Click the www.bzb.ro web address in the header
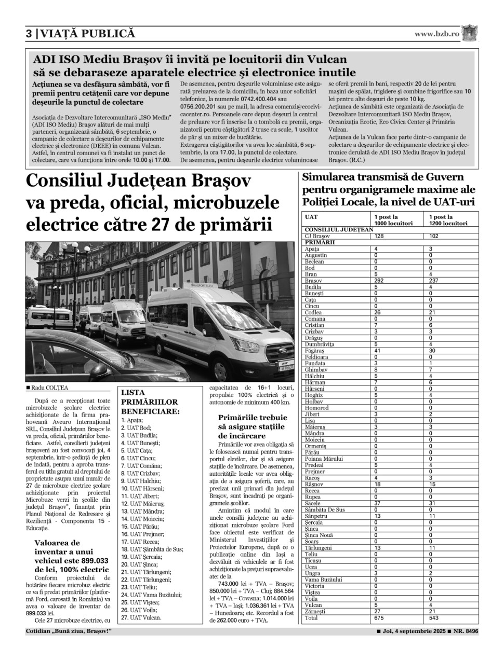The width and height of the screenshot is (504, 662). pyautogui.click(x=436, y=34)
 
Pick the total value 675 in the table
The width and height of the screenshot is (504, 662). pyautogui.click(x=379, y=618)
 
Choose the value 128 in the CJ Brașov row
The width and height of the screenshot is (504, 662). pyautogui.click(x=379, y=236)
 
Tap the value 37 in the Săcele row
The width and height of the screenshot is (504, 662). pyautogui.click(x=378, y=503)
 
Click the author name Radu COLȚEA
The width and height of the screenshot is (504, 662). pyautogui.click(x=49, y=388)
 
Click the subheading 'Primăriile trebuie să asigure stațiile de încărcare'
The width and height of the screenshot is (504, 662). pyautogui.click(x=253, y=426)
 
